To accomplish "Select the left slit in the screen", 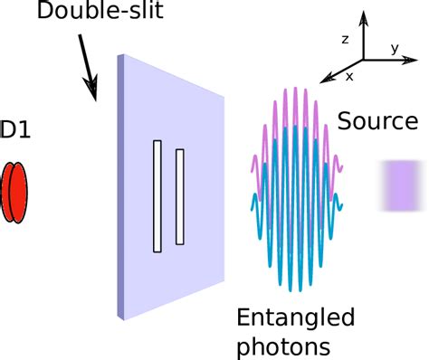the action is (157, 195).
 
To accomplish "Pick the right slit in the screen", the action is (180, 196).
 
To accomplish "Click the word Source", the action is (377, 122).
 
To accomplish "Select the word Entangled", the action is (294, 317).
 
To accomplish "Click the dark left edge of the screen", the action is (120, 185).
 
